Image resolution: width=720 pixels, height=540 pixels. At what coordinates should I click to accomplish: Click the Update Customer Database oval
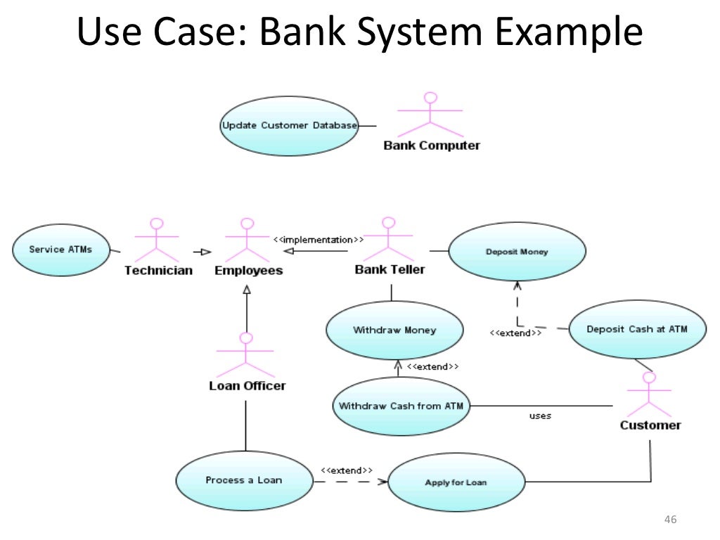(x=289, y=126)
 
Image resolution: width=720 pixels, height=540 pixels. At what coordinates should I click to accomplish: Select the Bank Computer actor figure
(x=430, y=115)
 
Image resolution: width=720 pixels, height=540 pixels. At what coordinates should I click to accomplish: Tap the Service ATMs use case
(x=60, y=250)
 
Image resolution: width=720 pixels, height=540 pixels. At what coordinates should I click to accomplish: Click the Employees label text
(x=248, y=271)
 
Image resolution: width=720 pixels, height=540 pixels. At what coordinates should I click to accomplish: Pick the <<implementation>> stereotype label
(x=319, y=240)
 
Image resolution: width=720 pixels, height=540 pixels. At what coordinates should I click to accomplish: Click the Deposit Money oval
(x=517, y=252)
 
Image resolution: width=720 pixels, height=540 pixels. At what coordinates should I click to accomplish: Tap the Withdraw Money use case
(x=394, y=330)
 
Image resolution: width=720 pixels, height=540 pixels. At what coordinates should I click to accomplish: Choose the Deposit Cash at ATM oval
(x=636, y=329)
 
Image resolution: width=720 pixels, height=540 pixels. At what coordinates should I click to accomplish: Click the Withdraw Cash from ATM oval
(x=401, y=406)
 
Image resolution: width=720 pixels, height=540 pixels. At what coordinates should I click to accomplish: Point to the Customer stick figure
(x=648, y=394)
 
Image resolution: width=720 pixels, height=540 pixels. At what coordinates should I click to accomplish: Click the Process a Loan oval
(x=243, y=480)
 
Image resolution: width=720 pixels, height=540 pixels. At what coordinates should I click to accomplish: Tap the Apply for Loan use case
(x=456, y=482)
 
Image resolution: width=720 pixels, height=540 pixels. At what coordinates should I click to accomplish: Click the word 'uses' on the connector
(x=540, y=416)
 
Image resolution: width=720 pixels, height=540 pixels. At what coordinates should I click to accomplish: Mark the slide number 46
(x=669, y=520)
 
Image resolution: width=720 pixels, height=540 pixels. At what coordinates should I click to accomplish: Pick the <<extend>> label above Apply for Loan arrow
(x=347, y=470)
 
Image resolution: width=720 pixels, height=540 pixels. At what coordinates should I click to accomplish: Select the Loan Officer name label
(x=247, y=386)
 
